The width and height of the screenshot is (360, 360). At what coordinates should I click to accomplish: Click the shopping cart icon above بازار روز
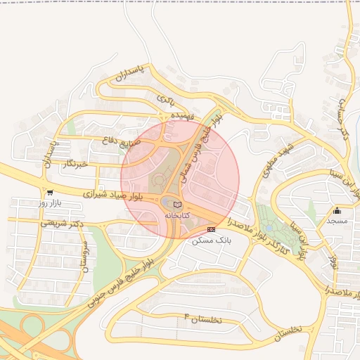[x=49, y=192]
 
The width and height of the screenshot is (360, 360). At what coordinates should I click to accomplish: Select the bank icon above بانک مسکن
[x=212, y=229]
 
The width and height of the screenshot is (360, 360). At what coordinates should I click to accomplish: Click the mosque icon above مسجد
[x=337, y=210]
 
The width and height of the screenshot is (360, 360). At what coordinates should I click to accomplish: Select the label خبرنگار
[x=75, y=164]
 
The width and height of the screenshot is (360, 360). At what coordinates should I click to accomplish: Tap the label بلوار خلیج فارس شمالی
[x=203, y=144]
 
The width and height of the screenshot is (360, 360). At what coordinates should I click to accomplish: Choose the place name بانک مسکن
[x=211, y=240]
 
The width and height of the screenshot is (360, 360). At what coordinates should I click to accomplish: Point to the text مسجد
[x=337, y=221]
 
